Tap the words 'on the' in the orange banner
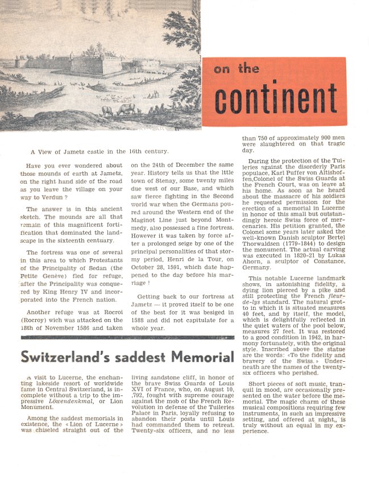[x=237, y=70]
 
